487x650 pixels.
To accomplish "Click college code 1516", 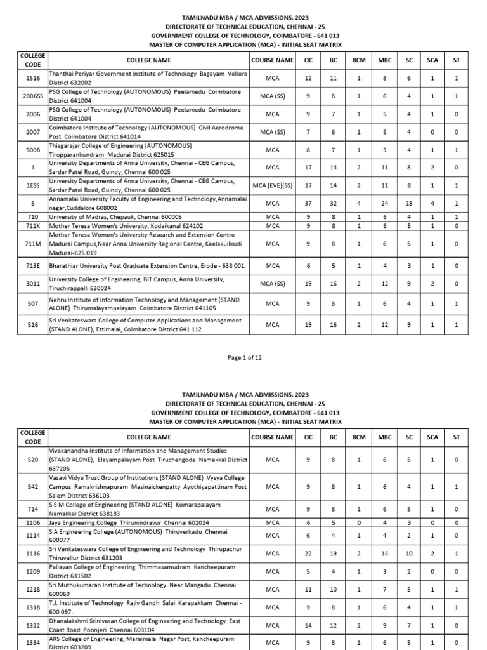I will tap(32, 78).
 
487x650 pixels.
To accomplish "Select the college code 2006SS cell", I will tap(32, 96).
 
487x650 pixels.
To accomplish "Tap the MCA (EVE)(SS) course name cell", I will tap(273, 185).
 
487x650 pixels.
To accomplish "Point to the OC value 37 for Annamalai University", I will tap(309, 203).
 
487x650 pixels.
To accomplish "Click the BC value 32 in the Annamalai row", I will tap(333, 203).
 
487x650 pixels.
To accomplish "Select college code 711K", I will tap(32, 225).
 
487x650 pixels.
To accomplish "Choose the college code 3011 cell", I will tap(32, 284).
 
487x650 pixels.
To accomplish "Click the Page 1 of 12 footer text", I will tap(244, 357).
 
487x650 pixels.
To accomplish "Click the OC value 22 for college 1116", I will tap(309, 554).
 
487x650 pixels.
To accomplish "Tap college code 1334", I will tap(32, 642).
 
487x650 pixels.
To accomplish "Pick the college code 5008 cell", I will tap(32, 150).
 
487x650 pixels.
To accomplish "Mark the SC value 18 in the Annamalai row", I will tap(409, 203).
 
